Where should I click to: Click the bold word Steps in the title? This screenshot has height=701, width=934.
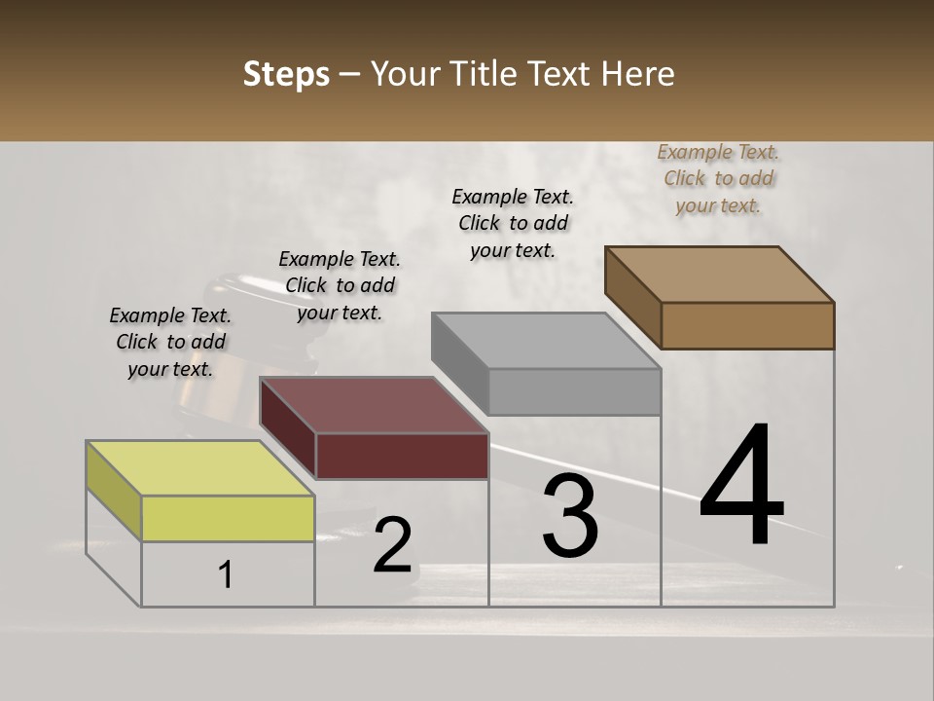pyautogui.click(x=286, y=74)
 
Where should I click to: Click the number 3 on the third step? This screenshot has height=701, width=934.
pyautogui.click(x=570, y=516)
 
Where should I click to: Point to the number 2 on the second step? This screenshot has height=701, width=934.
pyautogui.click(x=392, y=544)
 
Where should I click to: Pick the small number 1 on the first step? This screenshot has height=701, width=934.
pyautogui.click(x=226, y=574)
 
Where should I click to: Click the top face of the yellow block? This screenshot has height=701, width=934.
pyautogui.click(x=200, y=468)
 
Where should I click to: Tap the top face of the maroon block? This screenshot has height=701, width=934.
pyautogui.click(x=374, y=404)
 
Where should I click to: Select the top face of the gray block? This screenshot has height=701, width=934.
pyautogui.click(x=546, y=341)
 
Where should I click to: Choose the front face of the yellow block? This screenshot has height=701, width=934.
pyautogui.click(x=228, y=518)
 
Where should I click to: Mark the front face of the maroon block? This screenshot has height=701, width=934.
pyautogui.click(x=402, y=455)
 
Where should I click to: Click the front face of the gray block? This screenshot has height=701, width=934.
pyautogui.click(x=574, y=391)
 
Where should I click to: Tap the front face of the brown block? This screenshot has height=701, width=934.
pyautogui.click(x=747, y=325)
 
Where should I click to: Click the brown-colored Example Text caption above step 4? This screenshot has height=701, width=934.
pyautogui.click(x=718, y=178)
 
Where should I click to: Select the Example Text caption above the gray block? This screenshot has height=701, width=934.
pyautogui.click(x=513, y=223)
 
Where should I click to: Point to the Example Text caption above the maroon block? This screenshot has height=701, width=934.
pyautogui.click(x=340, y=285)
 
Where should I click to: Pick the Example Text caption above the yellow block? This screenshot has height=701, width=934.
pyautogui.click(x=170, y=342)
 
